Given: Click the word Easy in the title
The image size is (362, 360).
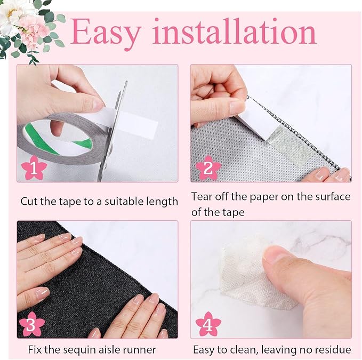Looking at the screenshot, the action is click(x=105, y=33).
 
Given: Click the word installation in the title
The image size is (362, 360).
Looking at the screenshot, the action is click(x=234, y=31).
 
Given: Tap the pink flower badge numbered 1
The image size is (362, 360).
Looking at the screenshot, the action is click(x=34, y=168).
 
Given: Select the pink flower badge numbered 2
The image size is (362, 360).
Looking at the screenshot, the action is click(x=208, y=167).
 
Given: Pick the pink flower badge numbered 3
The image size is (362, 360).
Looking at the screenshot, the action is click(x=31, y=324).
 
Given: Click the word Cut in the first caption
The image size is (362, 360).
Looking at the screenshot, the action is click(x=29, y=202).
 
